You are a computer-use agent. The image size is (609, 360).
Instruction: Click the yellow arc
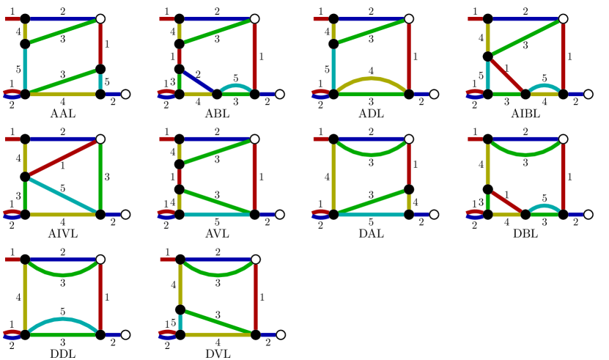(371, 78)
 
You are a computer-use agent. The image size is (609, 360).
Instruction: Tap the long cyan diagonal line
(63, 195)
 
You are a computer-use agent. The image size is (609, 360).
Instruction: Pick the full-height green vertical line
(100, 176)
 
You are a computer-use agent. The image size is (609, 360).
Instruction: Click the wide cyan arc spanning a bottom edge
(63, 320)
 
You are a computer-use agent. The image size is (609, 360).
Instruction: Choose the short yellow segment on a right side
(409, 202)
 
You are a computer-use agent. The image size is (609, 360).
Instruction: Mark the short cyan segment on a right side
(100, 81)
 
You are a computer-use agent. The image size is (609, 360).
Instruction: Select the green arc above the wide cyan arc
(63, 273)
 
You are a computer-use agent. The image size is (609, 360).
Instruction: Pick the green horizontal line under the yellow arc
(371, 94)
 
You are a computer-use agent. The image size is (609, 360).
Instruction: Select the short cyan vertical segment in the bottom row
(180, 322)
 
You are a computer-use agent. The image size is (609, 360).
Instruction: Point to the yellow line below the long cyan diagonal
(63, 214)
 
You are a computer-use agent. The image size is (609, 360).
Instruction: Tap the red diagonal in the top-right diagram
(506, 76)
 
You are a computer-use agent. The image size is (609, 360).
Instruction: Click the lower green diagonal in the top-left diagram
(63, 81)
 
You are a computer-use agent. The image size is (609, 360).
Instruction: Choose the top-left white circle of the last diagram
(155, 259)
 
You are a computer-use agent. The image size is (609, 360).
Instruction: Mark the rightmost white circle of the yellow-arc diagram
(434, 94)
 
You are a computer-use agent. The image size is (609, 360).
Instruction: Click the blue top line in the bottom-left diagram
(63, 259)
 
